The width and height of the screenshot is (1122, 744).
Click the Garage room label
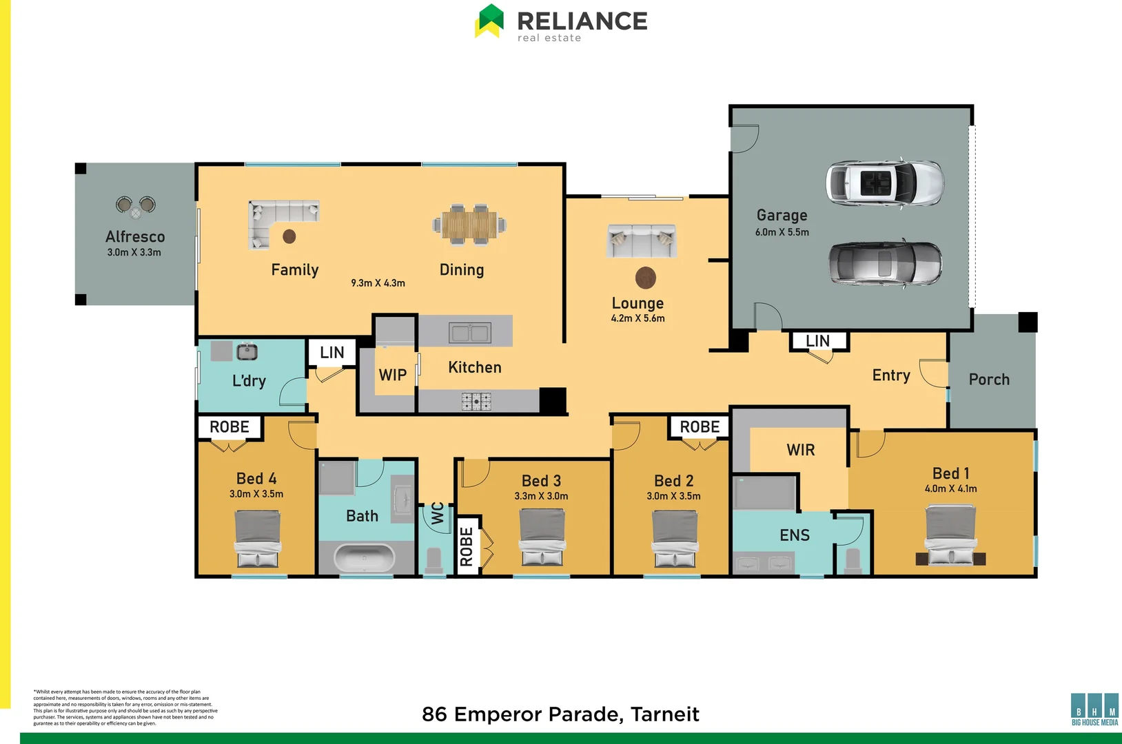[x=782, y=216]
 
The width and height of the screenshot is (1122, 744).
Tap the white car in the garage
[x=884, y=183]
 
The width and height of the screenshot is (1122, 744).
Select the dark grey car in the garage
[x=885, y=264]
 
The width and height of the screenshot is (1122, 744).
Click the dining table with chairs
[x=469, y=225]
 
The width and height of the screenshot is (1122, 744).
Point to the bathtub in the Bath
[x=365, y=557]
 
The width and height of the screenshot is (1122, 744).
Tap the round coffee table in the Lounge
[x=645, y=278]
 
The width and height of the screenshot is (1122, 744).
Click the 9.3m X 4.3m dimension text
[x=378, y=283]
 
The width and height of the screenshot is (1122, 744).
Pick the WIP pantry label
[x=392, y=375]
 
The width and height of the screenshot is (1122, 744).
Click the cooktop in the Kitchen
[x=476, y=402]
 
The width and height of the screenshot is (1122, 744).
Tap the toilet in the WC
[x=433, y=559]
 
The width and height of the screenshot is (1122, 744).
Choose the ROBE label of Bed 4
[x=229, y=427]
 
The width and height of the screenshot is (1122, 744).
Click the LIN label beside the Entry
[x=817, y=341]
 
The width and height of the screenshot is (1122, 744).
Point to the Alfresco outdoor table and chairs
[x=136, y=206]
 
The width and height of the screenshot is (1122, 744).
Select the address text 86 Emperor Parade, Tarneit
[x=560, y=714]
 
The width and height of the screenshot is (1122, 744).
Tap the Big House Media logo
[x=1094, y=709]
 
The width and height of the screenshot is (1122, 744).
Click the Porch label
[x=988, y=380]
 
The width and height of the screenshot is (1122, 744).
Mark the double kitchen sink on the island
[x=469, y=333]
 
